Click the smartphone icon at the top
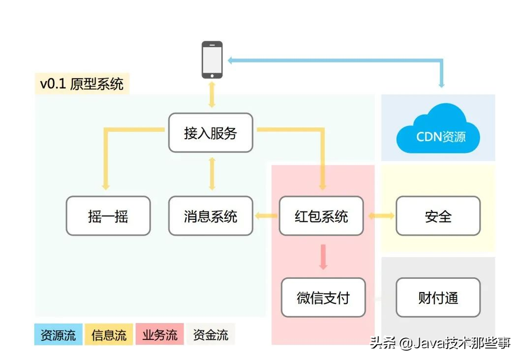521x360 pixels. tap(212, 60)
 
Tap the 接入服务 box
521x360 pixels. tap(211, 133)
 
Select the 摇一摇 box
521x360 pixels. tap(108, 216)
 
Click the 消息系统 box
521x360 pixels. tap(211, 216)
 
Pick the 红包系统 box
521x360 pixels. tap(321, 216)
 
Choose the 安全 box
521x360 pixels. tap(438, 216)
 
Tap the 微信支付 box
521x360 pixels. tap(323, 298)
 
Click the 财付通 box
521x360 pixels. tap(438, 298)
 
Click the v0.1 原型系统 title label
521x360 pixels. tap(82, 84)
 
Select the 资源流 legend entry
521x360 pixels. tap(59, 335)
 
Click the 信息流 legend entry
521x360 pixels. tap(109, 335)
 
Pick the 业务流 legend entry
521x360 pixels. tap(159, 335)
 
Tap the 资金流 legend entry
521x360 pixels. tap(211, 335)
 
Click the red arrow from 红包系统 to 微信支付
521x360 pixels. tap(323, 257)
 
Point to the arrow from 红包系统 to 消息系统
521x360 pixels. tap(266, 216)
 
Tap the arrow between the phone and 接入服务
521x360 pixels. tap(212, 95)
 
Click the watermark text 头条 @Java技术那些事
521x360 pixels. tap(440, 343)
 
